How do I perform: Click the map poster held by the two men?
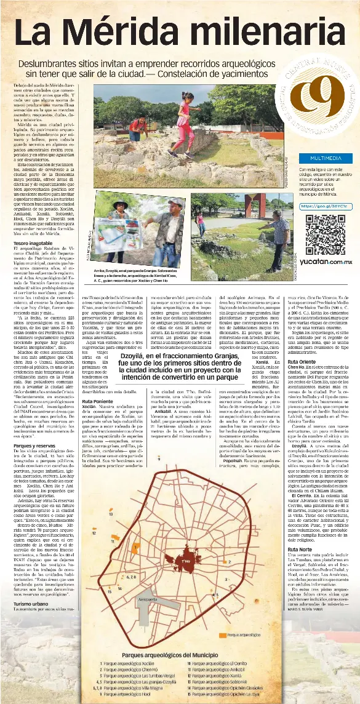(x=122, y=232)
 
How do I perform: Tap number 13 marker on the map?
(x=110, y=513)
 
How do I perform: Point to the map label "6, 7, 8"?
(x=130, y=577)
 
